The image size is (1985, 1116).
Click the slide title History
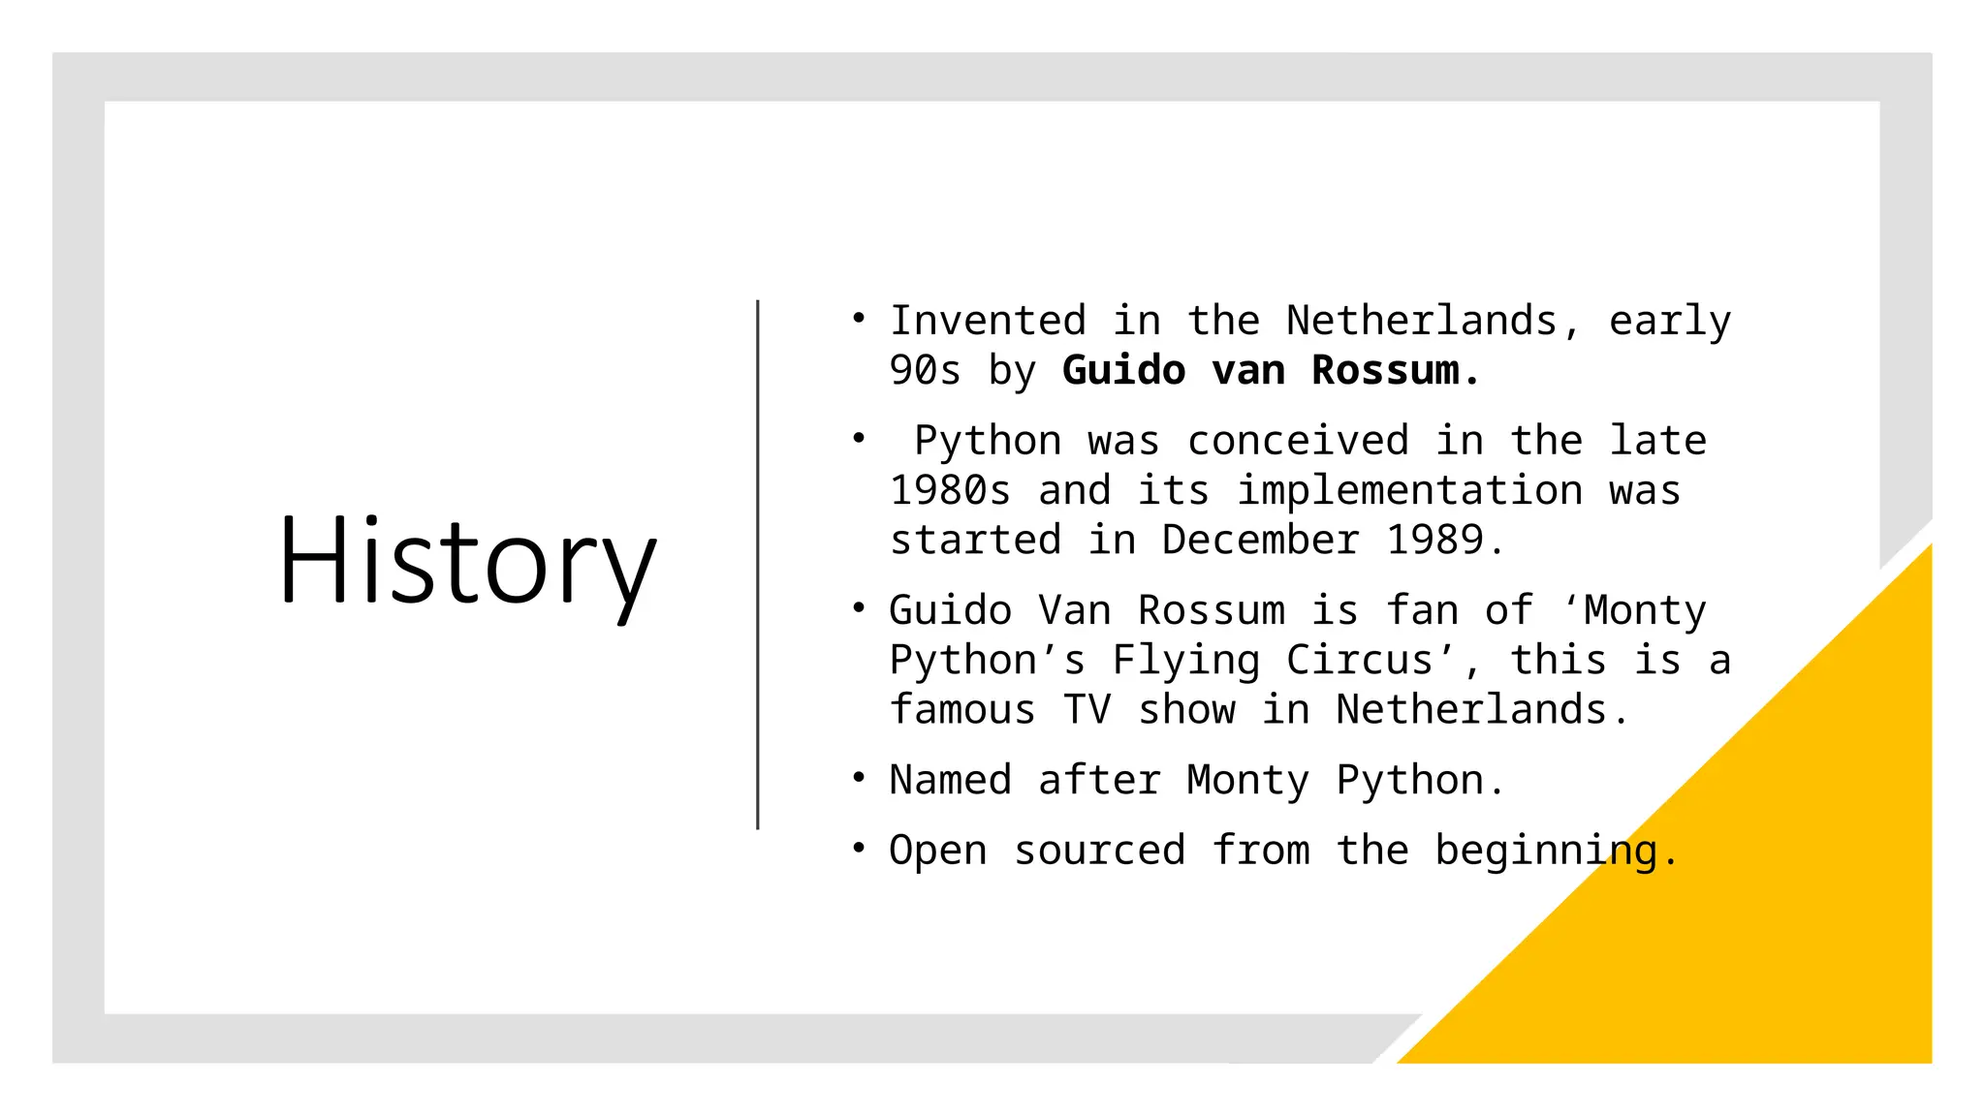[x=467, y=562]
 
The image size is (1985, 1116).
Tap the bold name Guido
[x=1123, y=370]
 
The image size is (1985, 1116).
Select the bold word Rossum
[x=1385, y=370]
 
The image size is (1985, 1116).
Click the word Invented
[x=988, y=321]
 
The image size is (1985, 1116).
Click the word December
[x=1260, y=540]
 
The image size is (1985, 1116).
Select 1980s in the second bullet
[x=951, y=490]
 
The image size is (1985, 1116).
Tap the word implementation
[x=1409, y=490]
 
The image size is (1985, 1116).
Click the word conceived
[x=1298, y=441]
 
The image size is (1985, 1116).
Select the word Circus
[x=1359, y=661]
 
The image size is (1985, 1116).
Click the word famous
[x=962, y=710]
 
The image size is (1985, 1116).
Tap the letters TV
[x=1087, y=710]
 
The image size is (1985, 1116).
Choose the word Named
[x=950, y=780]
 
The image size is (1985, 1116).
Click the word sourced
[x=1099, y=851]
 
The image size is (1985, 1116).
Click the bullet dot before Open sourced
[x=859, y=848]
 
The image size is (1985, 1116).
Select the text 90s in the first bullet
[x=925, y=370]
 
